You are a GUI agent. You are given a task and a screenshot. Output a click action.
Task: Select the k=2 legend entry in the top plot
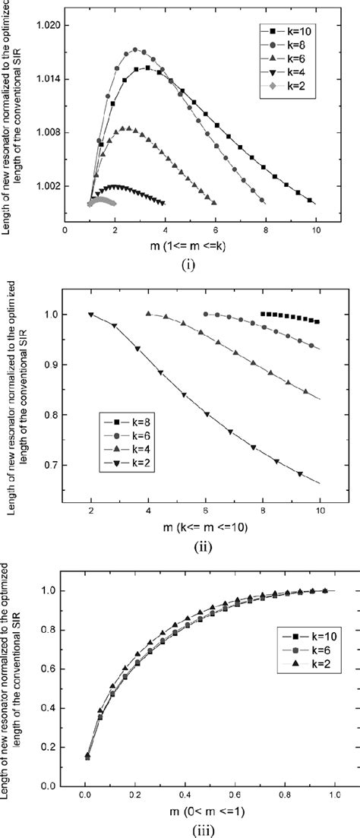coord(286,96)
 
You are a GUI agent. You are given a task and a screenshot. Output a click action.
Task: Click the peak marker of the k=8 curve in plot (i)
coord(136,50)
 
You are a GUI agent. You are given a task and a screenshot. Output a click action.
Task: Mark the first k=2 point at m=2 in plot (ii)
coord(91,315)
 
